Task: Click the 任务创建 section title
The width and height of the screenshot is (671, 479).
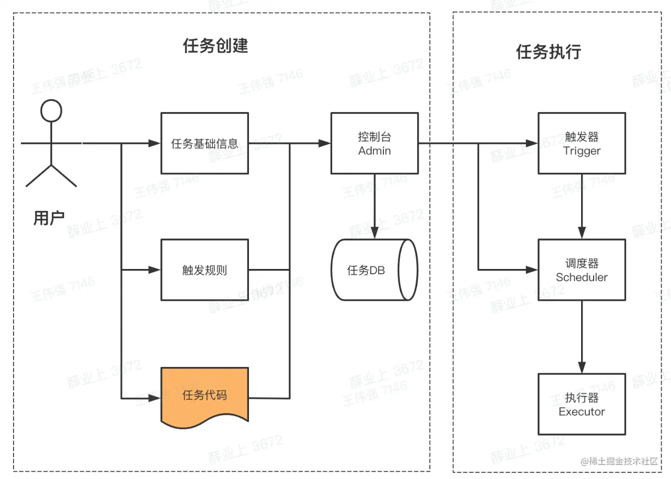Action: point(215,46)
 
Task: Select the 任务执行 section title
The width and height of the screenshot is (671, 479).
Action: point(548,52)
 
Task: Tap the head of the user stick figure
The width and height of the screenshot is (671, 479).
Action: point(51,111)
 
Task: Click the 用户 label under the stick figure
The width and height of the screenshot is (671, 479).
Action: point(49,218)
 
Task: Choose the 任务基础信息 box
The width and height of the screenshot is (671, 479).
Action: point(204,143)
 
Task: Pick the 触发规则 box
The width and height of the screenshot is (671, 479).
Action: point(204,270)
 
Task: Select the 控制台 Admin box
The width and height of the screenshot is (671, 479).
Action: point(374,143)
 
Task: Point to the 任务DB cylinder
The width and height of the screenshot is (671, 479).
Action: point(374,270)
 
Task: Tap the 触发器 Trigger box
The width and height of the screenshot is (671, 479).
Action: point(582,143)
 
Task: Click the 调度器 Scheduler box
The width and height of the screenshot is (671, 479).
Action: point(582,270)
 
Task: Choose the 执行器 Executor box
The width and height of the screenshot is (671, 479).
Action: point(582,404)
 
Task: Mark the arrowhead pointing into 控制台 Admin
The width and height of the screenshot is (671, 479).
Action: point(324,143)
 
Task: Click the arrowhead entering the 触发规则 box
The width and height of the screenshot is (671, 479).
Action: point(154,270)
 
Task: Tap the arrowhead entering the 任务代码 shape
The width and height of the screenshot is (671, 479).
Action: point(154,398)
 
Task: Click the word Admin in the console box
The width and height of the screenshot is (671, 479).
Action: point(374,151)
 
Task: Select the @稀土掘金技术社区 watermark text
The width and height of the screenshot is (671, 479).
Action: point(619,461)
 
